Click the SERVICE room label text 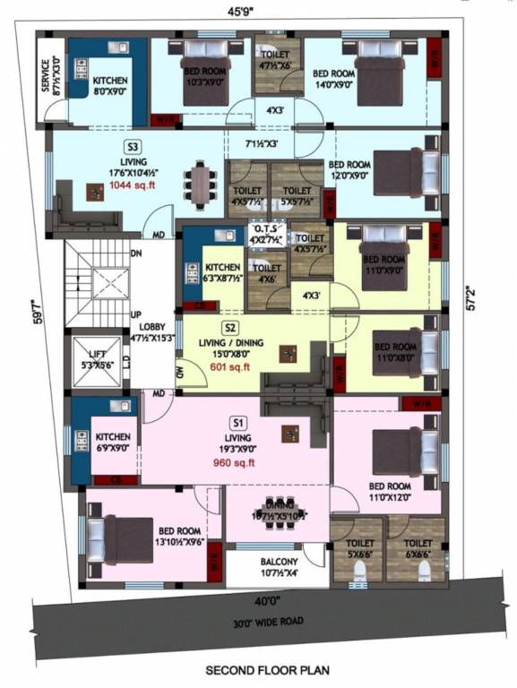[50, 79]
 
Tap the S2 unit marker [231, 327]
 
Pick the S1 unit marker [238, 422]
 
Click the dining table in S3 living [199, 184]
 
